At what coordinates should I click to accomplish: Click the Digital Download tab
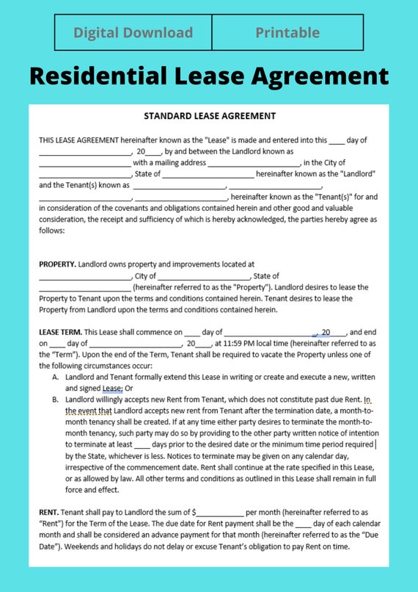click(133, 32)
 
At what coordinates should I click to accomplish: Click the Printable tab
click(287, 32)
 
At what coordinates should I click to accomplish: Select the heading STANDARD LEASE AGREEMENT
click(209, 116)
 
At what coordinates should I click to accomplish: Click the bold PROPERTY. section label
click(57, 264)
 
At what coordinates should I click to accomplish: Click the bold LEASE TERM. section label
click(61, 333)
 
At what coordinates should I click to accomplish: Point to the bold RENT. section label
click(50, 511)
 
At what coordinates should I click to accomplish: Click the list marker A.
click(56, 377)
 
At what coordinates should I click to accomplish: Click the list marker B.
click(56, 400)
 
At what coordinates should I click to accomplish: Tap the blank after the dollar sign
click(220, 512)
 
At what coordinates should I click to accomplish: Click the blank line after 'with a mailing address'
click(254, 163)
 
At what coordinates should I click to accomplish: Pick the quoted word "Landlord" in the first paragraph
click(358, 174)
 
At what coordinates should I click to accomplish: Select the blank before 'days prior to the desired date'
click(142, 444)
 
